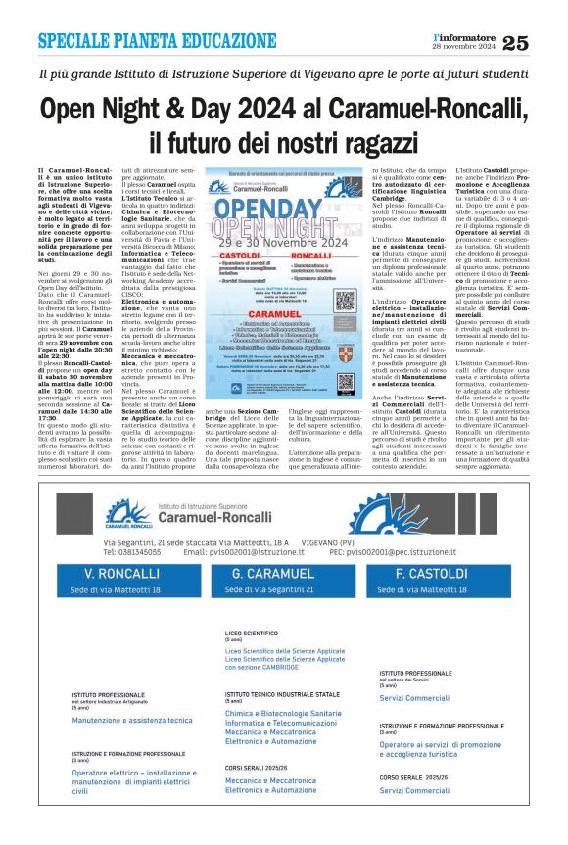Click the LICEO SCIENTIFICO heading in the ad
pos(252,634)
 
